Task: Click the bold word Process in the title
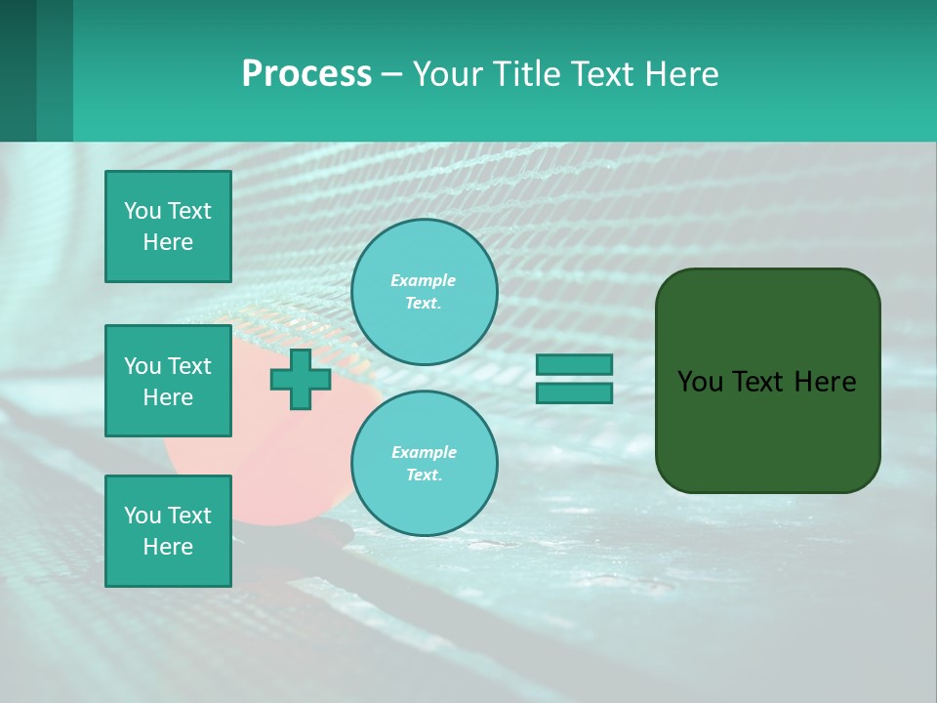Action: [x=306, y=74]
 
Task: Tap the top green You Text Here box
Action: [x=168, y=227]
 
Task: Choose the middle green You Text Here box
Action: [x=168, y=381]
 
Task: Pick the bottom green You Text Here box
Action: [x=168, y=531]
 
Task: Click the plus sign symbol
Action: [x=301, y=379]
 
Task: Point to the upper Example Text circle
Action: [x=424, y=291]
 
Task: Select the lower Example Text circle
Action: [x=424, y=463]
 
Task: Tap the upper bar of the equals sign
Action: [x=574, y=364]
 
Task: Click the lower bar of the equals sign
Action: [x=574, y=393]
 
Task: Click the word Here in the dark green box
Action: [x=826, y=382]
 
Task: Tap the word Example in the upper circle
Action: [x=424, y=280]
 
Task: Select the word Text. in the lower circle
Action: [x=424, y=476]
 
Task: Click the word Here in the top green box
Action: [x=168, y=242]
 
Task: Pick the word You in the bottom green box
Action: [x=143, y=516]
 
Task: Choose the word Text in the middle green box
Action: [x=189, y=366]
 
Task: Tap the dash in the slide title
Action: [x=392, y=75]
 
